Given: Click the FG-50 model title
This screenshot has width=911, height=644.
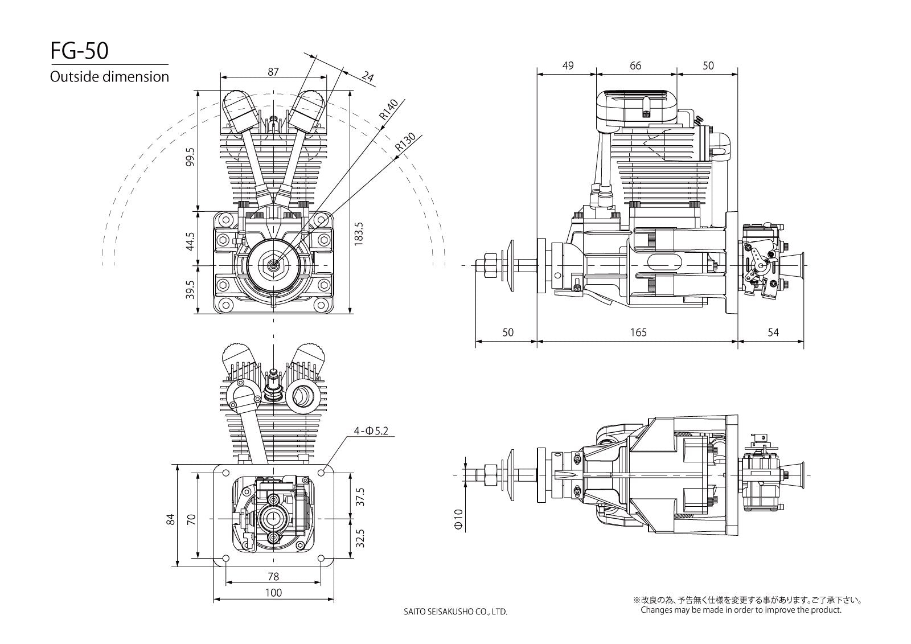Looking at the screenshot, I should (79, 51).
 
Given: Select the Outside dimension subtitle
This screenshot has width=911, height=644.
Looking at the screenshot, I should (109, 76).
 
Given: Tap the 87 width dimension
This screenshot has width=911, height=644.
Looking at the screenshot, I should (273, 72).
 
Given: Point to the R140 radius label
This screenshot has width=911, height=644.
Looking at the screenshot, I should (389, 109).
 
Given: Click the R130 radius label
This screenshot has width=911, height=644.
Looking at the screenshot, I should (405, 143).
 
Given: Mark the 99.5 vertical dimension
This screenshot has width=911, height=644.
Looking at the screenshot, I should (190, 157).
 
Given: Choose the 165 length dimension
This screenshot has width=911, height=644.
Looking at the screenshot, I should (639, 333).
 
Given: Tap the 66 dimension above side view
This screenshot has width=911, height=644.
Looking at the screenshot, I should (635, 65).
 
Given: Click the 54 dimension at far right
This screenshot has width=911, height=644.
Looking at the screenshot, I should (773, 333).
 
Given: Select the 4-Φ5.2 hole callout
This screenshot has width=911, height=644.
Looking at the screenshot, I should (370, 431).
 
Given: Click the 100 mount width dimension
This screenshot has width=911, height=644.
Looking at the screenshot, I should (273, 593).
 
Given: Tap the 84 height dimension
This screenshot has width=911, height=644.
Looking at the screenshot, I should (170, 519).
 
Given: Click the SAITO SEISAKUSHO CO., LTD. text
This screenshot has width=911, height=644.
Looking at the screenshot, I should (455, 612).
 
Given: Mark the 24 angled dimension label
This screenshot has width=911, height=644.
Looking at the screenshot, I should (368, 76).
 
